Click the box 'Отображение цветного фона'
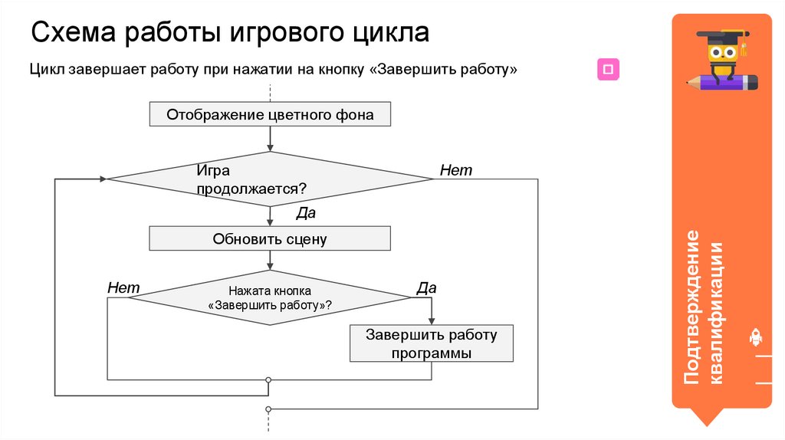pos(270,115)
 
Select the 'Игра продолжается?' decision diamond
pos(270,179)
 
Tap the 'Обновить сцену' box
pos(270,239)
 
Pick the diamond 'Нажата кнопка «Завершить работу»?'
pos(270,297)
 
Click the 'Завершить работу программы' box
pos(432,344)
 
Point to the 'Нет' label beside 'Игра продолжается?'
pos(456,170)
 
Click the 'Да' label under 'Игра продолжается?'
pos(306,213)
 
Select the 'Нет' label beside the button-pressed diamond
pos(123,287)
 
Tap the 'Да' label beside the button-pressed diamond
pos(426,288)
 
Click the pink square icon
pos(609,70)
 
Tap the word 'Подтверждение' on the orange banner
pos(693,307)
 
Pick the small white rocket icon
pos(754,337)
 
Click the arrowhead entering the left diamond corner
pos(102,179)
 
